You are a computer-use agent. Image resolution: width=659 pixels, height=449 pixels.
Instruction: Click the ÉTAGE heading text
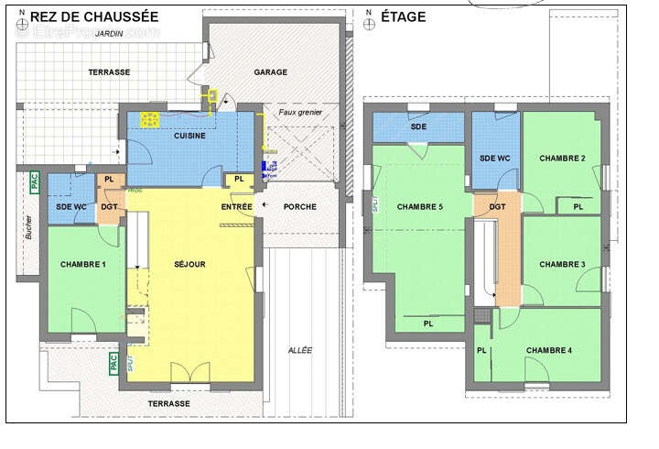pyautogui.click(x=403, y=16)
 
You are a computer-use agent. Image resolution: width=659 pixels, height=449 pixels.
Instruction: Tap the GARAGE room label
pyautogui.click(x=271, y=72)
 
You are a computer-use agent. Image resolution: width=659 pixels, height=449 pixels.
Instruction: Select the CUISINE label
pyautogui.click(x=189, y=137)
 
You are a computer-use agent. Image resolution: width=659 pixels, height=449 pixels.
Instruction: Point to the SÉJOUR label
pyautogui.click(x=189, y=265)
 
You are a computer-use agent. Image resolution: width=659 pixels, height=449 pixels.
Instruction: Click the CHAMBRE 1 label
pyautogui.click(x=83, y=265)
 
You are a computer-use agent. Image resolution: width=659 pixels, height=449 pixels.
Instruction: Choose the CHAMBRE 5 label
pyautogui.click(x=420, y=207)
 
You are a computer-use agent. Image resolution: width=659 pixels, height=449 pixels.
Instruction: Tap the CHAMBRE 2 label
pyautogui.click(x=562, y=159)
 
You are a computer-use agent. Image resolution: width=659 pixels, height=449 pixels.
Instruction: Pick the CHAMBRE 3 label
pyautogui.click(x=562, y=265)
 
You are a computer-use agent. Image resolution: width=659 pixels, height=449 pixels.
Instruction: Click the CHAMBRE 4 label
pyautogui.click(x=549, y=351)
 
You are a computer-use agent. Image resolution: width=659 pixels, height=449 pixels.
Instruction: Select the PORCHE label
pyautogui.click(x=299, y=207)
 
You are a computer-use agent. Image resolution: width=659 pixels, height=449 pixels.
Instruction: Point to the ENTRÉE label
pyautogui.click(x=236, y=207)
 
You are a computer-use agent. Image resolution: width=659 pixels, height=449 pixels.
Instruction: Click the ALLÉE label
pyautogui.click(x=299, y=350)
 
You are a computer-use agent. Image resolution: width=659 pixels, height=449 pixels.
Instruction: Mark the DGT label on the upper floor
pyautogui.click(x=497, y=207)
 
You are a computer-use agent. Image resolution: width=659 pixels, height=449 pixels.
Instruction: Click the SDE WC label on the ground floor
pyautogui.click(x=70, y=207)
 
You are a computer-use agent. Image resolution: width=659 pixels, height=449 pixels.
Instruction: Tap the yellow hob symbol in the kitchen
pyautogui.click(x=150, y=118)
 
